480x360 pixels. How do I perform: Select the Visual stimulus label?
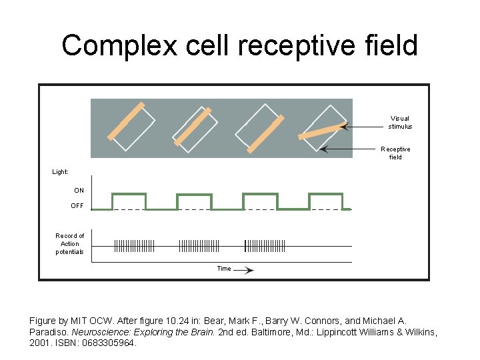click(400, 122)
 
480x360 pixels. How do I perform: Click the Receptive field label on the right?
click(395, 153)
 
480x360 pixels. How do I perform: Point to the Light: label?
click(61, 172)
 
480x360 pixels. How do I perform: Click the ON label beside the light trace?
click(79, 191)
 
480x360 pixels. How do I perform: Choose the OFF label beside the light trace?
click(77, 206)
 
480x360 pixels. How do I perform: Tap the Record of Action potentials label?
click(69, 244)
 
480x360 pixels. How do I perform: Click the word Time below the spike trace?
click(224, 269)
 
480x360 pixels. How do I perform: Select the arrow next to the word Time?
click(244, 270)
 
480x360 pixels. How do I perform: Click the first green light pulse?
click(129, 194)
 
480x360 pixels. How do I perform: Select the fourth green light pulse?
click(325, 194)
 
